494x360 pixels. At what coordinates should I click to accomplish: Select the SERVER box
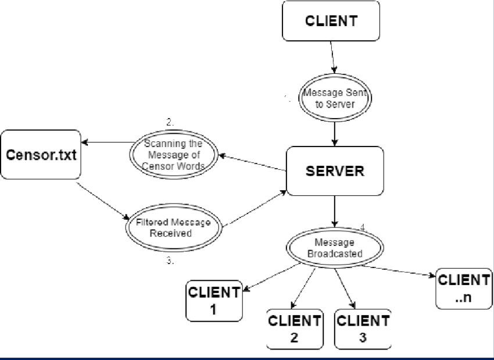335,171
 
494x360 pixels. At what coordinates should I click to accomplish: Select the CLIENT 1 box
213,300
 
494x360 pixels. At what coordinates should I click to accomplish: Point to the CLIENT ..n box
463,288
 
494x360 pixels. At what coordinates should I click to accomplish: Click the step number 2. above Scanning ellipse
169,123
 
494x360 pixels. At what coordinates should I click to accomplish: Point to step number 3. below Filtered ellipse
170,262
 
